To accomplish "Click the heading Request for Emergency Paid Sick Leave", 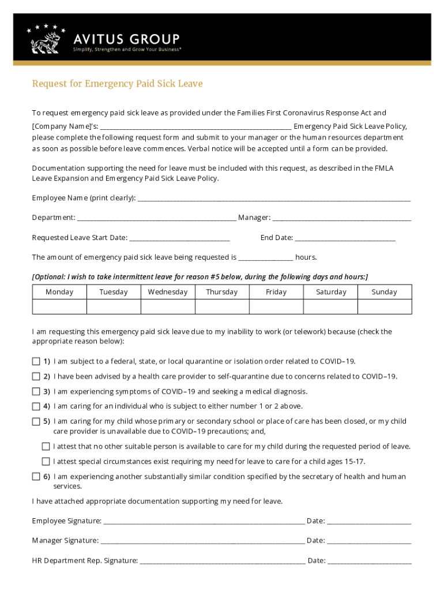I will click(117, 84).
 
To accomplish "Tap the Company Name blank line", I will click(196, 126).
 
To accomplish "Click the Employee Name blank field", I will click(274, 199).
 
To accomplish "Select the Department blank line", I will click(156, 218).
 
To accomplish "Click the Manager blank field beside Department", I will click(341, 218).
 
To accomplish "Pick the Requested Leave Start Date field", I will click(180, 238).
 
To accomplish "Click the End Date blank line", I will click(345, 238).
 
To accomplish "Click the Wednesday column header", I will click(168, 292).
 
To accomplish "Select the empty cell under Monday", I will click(59, 306).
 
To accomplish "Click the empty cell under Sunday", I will click(385, 306).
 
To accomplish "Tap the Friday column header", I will click(276, 292).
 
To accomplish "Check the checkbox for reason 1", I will click(36, 362).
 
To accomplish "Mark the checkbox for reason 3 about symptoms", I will click(36, 392).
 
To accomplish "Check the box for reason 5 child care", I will click(36, 422).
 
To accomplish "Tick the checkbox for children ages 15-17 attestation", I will click(46, 462).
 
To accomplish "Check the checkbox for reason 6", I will click(36, 477).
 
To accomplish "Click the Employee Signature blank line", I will click(204, 522).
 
